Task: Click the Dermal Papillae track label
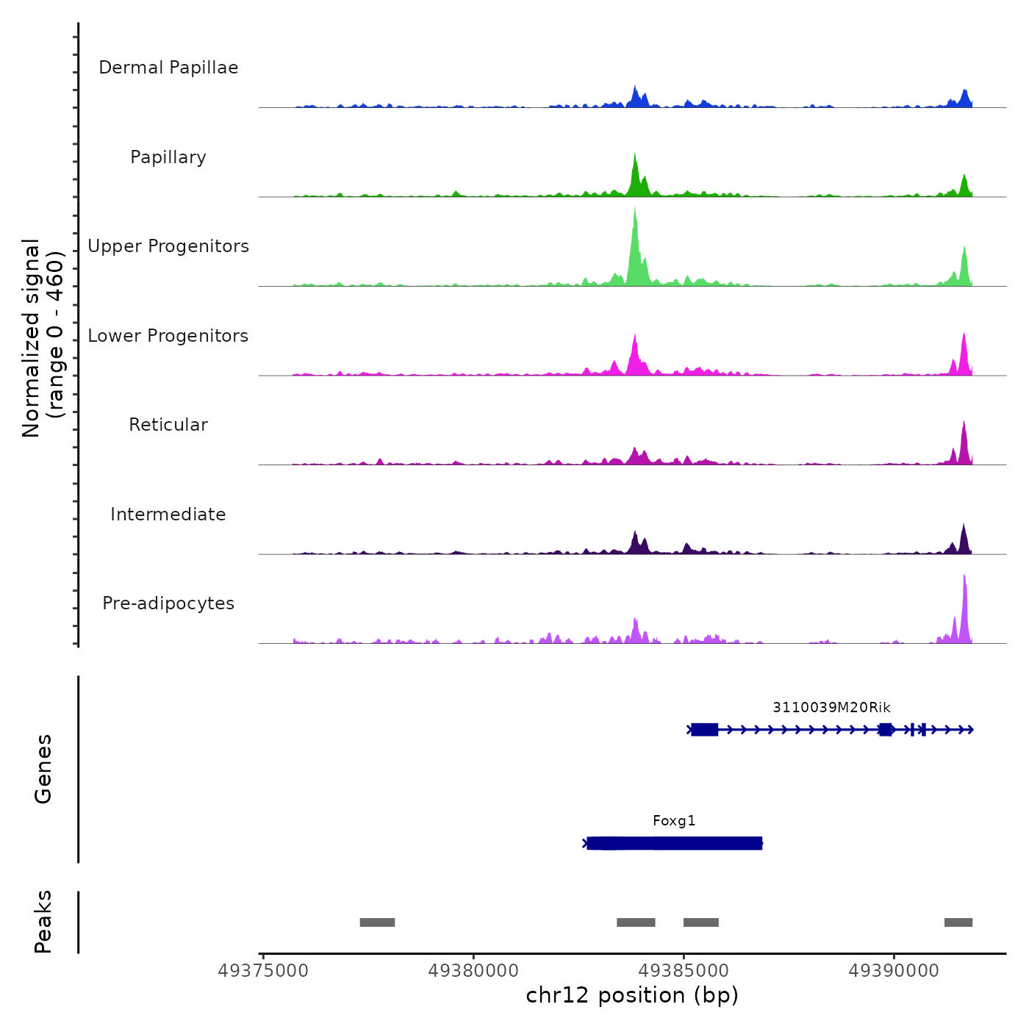168,68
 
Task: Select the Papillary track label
168,157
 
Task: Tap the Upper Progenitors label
168,246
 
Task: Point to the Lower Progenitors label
168,336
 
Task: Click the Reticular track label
168,425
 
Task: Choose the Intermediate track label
168,514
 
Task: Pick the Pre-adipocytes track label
168,603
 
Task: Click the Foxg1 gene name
674,821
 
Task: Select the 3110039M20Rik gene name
831,708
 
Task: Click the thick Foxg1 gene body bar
674,843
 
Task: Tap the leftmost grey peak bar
377,922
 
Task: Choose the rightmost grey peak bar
958,922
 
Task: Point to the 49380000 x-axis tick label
473,971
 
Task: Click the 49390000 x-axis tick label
894,971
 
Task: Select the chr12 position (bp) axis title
632,995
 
